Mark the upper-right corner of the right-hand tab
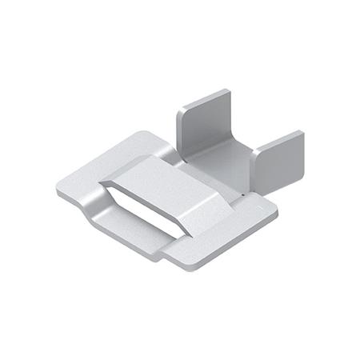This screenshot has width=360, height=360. click(x=302, y=132)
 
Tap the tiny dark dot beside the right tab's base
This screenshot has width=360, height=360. click(x=242, y=192)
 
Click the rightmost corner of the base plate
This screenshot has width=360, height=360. click(x=276, y=212)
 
